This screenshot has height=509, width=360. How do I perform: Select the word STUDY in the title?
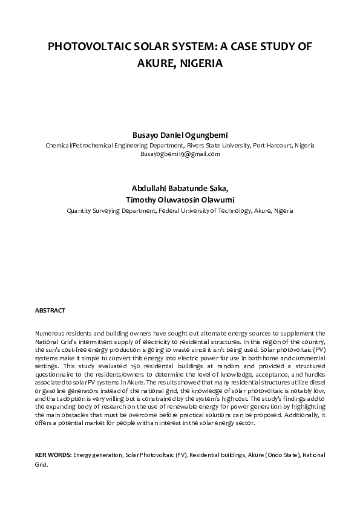pos(272,48)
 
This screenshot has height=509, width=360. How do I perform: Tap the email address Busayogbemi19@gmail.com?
pos(180,154)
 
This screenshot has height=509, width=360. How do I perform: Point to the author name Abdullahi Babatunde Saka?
pos(180,189)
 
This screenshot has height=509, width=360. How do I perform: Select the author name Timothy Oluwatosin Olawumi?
pos(180,200)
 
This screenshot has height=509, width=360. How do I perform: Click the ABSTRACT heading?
pos(50,310)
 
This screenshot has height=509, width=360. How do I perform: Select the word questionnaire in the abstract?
pos(53,374)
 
